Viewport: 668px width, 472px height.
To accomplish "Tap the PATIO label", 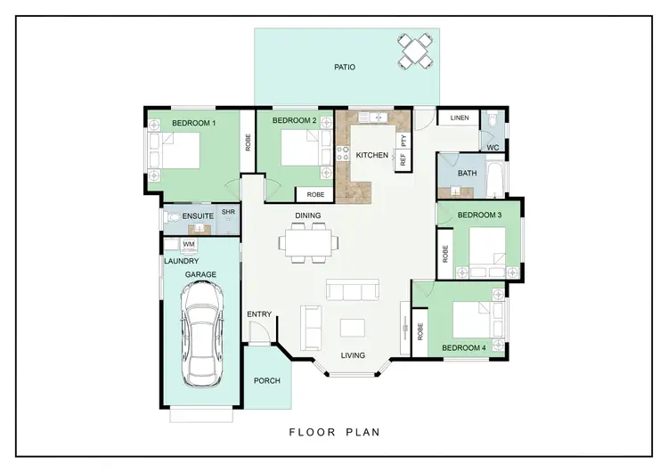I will [x=346, y=67].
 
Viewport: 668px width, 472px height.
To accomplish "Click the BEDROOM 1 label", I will [x=194, y=123].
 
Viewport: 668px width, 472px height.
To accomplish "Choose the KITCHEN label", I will [x=371, y=155].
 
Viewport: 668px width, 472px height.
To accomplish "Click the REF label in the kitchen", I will [x=403, y=160].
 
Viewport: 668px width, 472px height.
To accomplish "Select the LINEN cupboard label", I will [x=460, y=118].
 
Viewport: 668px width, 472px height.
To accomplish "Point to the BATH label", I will [x=467, y=174].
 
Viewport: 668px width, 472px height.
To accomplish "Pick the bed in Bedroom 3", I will [x=486, y=248].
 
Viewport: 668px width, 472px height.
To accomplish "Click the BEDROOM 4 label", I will [x=463, y=347].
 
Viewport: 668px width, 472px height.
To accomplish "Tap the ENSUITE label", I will [x=197, y=216].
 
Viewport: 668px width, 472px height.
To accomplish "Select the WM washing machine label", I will [x=189, y=243].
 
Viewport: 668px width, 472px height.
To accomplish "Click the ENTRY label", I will [x=259, y=314].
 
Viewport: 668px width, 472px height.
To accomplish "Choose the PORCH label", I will [x=266, y=381].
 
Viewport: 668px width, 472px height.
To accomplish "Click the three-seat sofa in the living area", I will [x=351, y=290].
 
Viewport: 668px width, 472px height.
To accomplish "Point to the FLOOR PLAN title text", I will [x=334, y=433].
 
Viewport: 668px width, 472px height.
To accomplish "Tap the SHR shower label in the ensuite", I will [x=228, y=212].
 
